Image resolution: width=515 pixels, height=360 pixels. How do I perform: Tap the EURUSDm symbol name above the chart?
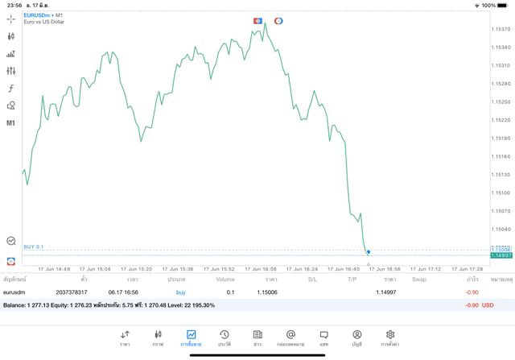coord(38,14)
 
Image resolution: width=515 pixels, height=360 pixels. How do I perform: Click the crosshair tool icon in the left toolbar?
coord(10,19)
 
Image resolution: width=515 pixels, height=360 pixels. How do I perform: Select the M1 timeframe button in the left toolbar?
coord(10,123)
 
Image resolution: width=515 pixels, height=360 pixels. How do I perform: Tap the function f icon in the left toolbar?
coord(10,89)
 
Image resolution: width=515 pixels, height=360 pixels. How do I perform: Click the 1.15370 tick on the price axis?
coord(501,29)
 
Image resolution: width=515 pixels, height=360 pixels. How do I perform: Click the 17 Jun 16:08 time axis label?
coord(260,269)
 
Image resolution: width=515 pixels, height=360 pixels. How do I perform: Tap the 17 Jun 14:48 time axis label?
coord(54,269)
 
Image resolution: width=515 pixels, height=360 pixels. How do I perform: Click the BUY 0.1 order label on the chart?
coord(34,246)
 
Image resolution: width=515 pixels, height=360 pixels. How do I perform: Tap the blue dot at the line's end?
coord(369,252)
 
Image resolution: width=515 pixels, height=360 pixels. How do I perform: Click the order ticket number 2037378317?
coord(72,292)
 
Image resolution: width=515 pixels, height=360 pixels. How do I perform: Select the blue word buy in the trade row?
coord(180,292)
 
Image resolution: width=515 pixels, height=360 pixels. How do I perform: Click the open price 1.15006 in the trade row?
coord(267,292)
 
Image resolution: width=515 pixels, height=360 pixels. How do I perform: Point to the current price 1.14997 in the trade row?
coord(385,292)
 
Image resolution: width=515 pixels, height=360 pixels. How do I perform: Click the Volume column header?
coord(225,279)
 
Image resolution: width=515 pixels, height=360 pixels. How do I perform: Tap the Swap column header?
coord(419,279)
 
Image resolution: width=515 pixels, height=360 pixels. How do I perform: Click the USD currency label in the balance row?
coord(488,305)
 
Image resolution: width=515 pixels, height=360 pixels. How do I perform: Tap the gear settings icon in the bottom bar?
coord(390,335)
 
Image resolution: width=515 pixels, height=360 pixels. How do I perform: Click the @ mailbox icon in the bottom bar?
coord(290,335)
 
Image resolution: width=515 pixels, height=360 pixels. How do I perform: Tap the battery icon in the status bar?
coord(505,5)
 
